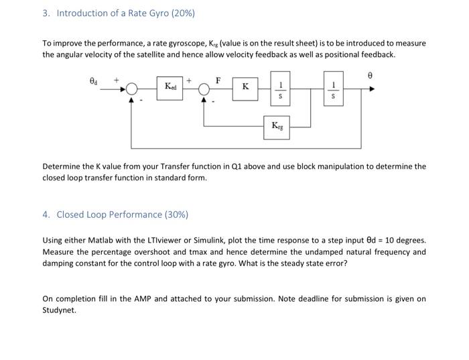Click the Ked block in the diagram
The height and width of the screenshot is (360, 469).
(x=172, y=87)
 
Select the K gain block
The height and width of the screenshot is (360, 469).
(x=246, y=87)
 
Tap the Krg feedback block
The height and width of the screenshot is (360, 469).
(x=277, y=125)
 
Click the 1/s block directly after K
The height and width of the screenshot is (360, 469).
(x=281, y=87)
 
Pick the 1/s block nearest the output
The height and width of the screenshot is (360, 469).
(x=333, y=87)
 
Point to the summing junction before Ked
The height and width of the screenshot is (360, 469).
(x=132, y=88)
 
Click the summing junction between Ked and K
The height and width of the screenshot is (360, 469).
(x=204, y=88)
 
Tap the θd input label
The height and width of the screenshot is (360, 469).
(x=94, y=80)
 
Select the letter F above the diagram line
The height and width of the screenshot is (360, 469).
(x=218, y=79)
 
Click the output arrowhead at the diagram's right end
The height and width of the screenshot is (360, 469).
(x=371, y=88)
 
